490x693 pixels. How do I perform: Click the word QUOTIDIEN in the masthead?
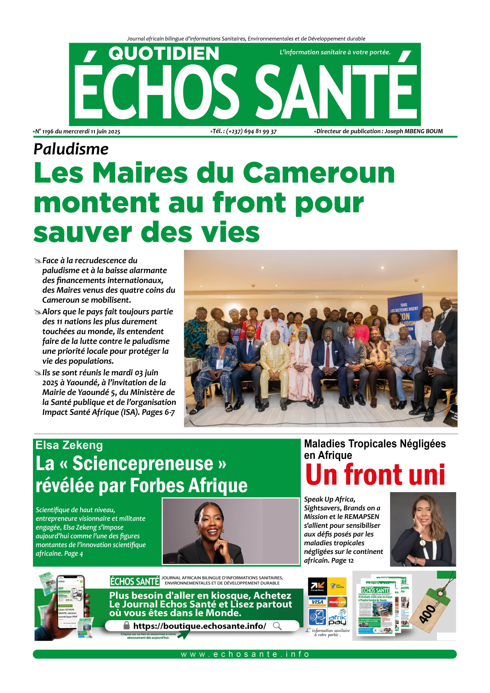[x=164, y=53]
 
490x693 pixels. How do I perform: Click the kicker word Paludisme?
[x=71, y=149]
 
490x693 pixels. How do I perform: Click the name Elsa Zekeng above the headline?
[x=69, y=445]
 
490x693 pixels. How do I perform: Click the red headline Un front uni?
[x=375, y=475]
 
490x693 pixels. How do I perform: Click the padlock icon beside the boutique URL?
[x=127, y=625]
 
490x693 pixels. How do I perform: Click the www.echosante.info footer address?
[x=245, y=654]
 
